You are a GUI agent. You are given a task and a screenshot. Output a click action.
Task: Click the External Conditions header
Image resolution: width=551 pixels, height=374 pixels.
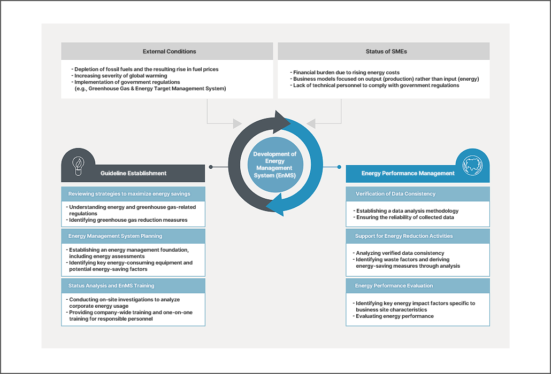(170, 51)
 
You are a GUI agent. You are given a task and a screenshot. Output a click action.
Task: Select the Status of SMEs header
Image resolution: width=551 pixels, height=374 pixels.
(386, 51)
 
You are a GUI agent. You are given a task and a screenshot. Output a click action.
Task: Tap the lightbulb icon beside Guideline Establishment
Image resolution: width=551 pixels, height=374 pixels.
(78, 166)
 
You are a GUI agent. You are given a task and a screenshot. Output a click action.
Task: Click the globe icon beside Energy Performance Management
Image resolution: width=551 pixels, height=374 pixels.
(472, 166)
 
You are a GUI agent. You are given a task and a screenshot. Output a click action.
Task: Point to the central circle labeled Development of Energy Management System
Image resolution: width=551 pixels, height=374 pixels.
(275, 165)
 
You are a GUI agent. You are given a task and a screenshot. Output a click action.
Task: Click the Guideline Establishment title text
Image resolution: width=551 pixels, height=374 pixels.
(134, 173)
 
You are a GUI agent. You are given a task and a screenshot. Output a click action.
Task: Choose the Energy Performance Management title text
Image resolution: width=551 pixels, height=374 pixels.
(408, 173)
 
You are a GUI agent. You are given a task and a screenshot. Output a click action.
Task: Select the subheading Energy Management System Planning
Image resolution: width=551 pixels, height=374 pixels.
(115, 236)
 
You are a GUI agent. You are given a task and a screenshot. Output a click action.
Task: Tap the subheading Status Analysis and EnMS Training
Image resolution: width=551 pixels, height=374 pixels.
(111, 286)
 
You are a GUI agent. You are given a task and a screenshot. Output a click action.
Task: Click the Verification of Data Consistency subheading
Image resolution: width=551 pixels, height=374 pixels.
(395, 193)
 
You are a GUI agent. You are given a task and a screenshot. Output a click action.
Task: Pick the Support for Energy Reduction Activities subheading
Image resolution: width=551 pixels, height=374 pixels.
(404, 236)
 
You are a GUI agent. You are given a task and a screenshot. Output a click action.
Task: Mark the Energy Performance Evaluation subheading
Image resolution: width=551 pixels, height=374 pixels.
(394, 286)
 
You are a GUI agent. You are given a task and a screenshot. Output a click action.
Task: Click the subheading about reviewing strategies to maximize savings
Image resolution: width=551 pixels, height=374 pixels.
(129, 193)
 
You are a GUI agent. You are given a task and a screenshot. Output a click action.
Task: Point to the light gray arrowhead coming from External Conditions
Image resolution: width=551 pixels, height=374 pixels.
(238, 123)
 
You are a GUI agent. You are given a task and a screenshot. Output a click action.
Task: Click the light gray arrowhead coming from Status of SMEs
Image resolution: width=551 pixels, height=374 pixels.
(311, 123)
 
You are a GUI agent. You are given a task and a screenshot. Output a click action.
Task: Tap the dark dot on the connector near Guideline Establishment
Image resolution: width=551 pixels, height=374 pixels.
(211, 167)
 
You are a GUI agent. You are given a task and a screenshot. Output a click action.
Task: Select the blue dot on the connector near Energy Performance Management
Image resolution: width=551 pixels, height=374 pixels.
(339, 167)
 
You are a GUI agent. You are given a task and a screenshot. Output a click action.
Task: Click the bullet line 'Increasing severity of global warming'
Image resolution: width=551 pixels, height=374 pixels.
(119, 76)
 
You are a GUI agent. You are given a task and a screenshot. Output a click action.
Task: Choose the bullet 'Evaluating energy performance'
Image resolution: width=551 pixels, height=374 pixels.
(393, 316)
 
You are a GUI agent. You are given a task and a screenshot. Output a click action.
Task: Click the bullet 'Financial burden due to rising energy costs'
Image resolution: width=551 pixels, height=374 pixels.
(345, 73)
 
